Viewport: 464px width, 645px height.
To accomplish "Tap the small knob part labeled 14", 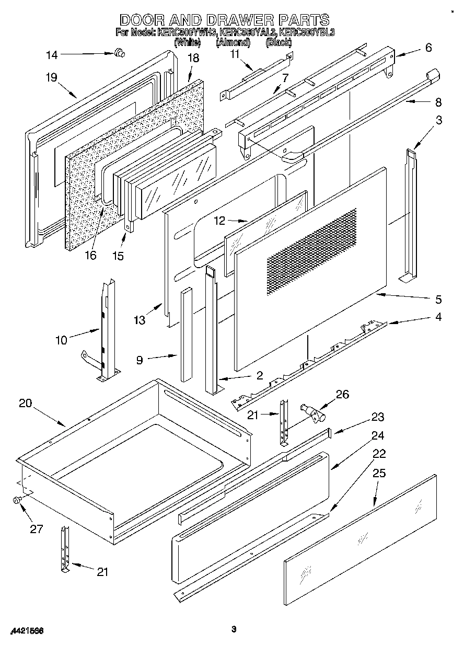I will [x=119, y=52].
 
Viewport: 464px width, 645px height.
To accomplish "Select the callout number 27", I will [x=36, y=528].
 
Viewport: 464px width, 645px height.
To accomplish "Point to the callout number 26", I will [x=342, y=394].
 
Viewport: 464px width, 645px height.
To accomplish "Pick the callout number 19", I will [x=51, y=78].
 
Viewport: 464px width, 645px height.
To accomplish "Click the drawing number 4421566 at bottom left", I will [x=26, y=631].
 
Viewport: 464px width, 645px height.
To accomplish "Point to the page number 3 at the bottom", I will [x=234, y=629].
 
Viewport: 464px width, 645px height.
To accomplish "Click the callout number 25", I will [x=379, y=473].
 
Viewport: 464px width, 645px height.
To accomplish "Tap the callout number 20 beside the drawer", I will [x=25, y=403].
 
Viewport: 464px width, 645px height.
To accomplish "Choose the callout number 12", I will [x=219, y=221].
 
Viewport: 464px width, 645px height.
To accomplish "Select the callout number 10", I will [x=61, y=340].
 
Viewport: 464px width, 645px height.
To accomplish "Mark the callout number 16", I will [x=90, y=255].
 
